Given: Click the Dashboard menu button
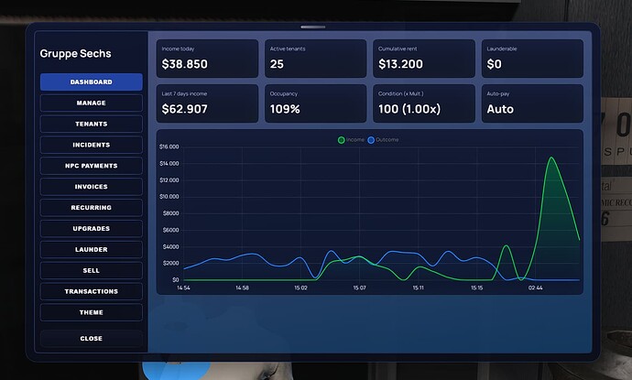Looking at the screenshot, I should [91, 82].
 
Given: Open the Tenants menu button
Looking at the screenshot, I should [91, 124].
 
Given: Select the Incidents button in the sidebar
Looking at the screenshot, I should [91, 145].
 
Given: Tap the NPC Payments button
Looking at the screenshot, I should [91, 166].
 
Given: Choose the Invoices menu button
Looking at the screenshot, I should [91, 187].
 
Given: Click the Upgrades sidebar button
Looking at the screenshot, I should [91, 228].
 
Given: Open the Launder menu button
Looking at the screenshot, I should [91, 249].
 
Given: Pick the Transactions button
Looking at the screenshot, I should [91, 291].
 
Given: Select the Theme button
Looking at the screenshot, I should [91, 312].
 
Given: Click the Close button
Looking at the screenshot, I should [91, 338].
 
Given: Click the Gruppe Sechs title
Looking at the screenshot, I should [76, 54].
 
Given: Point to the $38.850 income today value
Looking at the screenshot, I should [184, 65].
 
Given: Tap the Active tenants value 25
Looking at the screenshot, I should [277, 65].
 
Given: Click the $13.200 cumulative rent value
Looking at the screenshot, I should [400, 65].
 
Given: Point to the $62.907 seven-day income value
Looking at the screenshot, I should [184, 109].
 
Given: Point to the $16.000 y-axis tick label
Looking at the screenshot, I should [169, 147].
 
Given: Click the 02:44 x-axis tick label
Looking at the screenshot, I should [535, 288].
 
